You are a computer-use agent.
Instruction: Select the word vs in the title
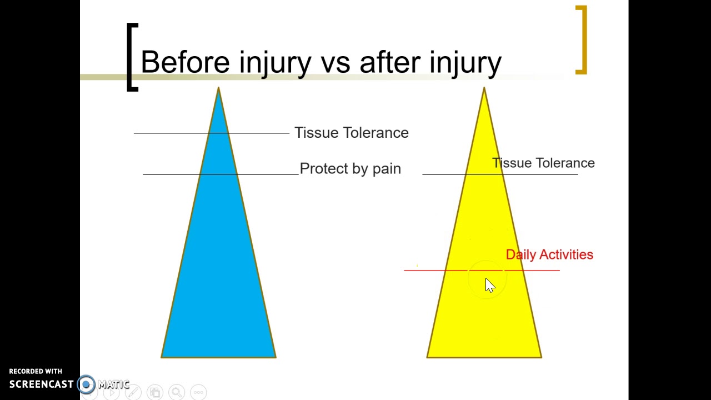tap(334, 62)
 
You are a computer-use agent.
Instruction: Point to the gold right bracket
tap(582, 40)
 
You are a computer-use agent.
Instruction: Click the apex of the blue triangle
tap(218, 88)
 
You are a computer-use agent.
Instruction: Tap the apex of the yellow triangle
tap(484, 88)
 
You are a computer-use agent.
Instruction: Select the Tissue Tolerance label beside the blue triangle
tap(351, 133)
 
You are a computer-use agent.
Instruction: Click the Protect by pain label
tap(350, 169)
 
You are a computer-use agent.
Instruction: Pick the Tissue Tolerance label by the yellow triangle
tap(543, 163)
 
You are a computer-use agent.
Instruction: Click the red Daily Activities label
tap(549, 254)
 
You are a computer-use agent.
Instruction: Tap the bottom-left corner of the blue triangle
tap(162, 357)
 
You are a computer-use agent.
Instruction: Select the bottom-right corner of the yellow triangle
tap(540, 357)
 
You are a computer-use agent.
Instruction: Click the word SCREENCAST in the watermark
tap(41, 384)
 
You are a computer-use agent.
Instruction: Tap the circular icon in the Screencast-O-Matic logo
tap(86, 384)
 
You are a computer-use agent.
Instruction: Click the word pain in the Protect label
tap(387, 169)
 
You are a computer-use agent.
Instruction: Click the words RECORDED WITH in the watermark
tap(36, 371)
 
